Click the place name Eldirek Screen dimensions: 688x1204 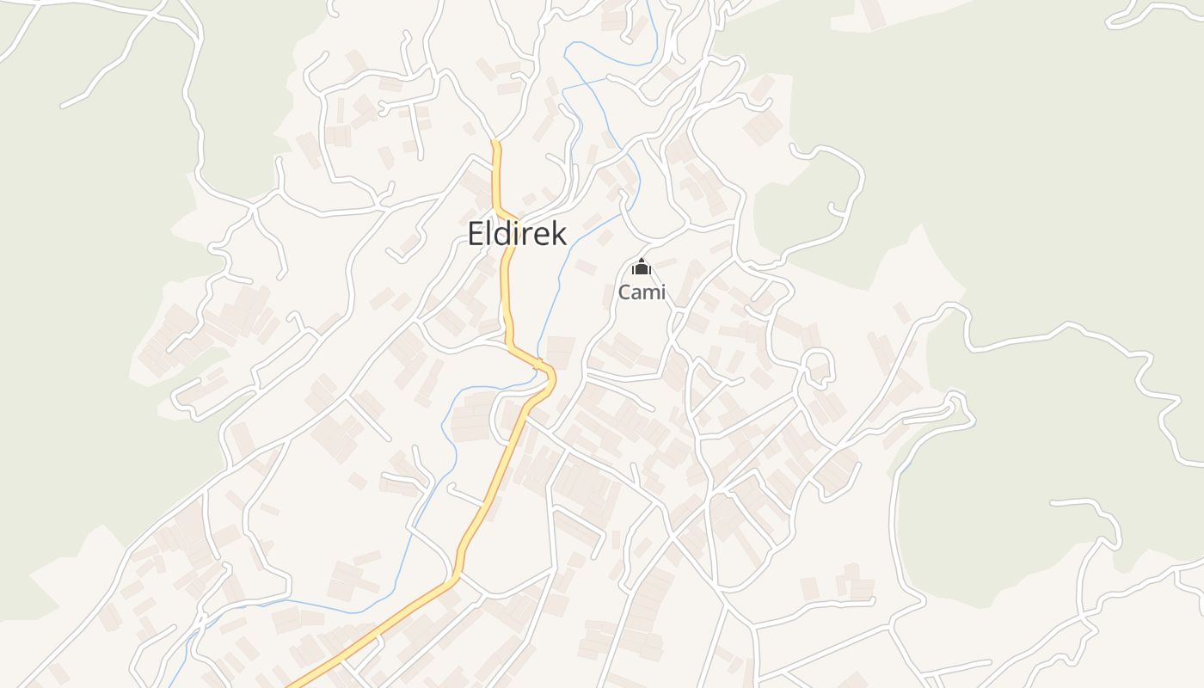pyautogui.click(x=517, y=233)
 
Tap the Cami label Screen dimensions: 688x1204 pyautogui.click(x=642, y=292)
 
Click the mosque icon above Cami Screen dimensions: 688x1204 pyautogui.click(x=642, y=267)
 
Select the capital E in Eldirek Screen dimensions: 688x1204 pyautogui.click(x=476, y=233)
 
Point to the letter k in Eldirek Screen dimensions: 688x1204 pyautogui.click(x=558, y=233)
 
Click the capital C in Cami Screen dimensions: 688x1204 pyautogui.click(x=624, y=292)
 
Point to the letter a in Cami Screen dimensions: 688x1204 pyautogui.click(x=636, y=293)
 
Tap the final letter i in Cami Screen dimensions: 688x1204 pyautogui.click(x=662, y=292)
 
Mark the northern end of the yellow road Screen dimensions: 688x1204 pyautogui.click(x=495, y=143)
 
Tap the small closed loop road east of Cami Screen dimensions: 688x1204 pyautogui.click(x=819, y=365)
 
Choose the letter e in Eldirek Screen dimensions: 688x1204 pyautogui.click(x=544, y=235)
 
